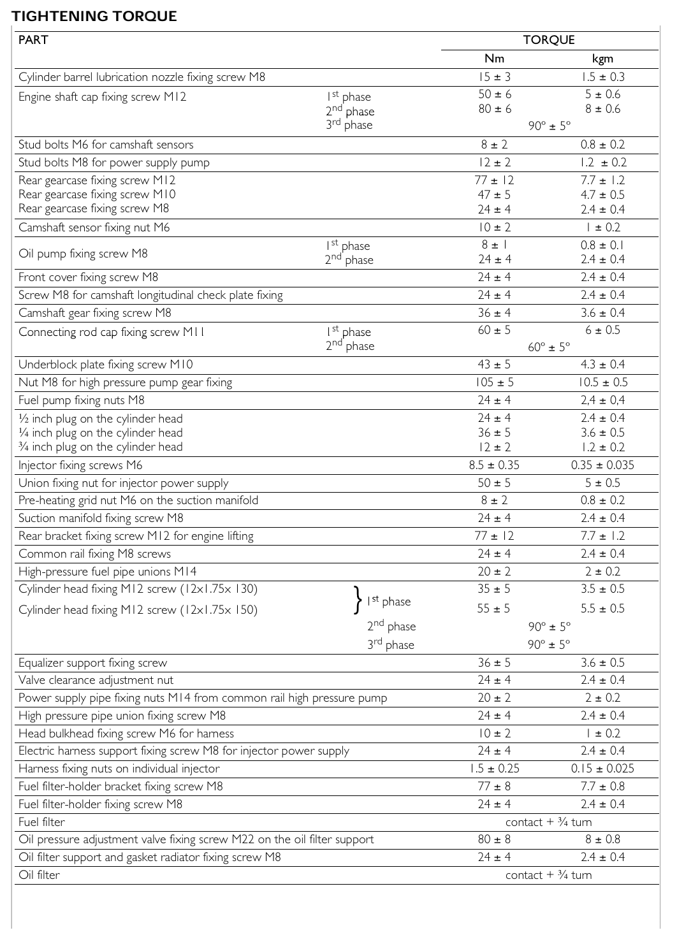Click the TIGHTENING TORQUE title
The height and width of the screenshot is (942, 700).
[x=94, y=16]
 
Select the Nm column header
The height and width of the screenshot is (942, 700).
[x=494, y=59]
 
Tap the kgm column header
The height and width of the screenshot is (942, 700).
[x=602, y=59]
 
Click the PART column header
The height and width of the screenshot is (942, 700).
[x=33, y=40]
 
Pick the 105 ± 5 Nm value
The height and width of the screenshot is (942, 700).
[x=494, y=382]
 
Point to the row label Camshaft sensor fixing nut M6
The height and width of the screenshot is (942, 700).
[x=94, y=228]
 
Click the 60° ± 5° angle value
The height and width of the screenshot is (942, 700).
[x=549, y=347]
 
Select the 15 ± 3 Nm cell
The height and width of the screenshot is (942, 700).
[x=494, y=77]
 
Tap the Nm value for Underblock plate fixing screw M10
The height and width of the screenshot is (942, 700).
[x=494, y=365]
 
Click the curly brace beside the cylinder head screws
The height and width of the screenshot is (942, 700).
[x=358, y=600]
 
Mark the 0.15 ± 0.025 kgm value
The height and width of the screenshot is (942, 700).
[x=602, y=769]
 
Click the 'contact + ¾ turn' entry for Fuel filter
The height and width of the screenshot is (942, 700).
[x=548, y=822]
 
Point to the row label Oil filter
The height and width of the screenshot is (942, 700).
[x=39, y=875]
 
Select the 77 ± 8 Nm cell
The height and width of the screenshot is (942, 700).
[x=494, y=786]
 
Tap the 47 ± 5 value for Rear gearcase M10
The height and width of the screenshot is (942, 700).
[x=494, y=194]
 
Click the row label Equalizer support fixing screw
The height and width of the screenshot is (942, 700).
[x=92, y=663]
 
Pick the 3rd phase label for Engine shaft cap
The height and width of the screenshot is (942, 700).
[x=349, y=125]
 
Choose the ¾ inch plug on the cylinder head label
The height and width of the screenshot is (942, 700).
[x=100, y=447]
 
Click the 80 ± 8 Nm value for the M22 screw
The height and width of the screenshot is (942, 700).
[x=494, y=839]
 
